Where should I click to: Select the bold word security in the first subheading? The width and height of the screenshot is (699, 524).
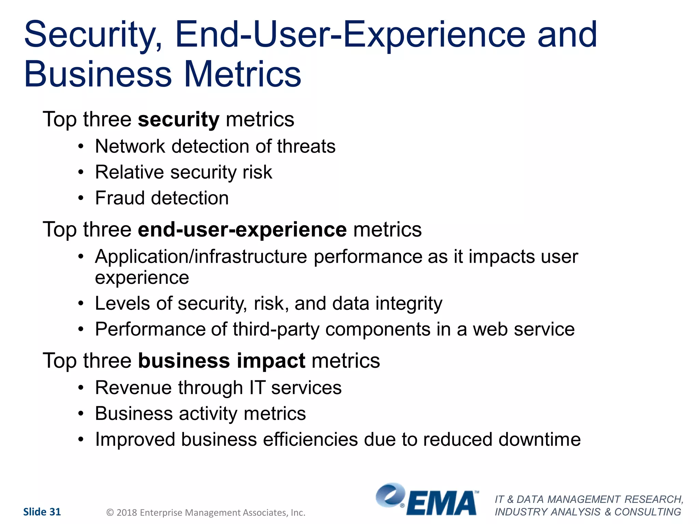point(179,120)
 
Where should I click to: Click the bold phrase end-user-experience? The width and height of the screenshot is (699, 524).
point(242,230)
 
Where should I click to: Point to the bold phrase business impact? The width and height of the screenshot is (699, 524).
point(222,361)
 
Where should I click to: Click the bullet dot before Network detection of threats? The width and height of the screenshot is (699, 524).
point(81,147)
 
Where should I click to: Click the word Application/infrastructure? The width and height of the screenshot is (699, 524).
point(201,257)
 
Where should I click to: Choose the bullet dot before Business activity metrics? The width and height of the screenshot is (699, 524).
point(81,414)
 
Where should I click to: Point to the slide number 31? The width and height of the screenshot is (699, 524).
point(55,512)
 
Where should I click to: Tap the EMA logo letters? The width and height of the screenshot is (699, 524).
point(442,504)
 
